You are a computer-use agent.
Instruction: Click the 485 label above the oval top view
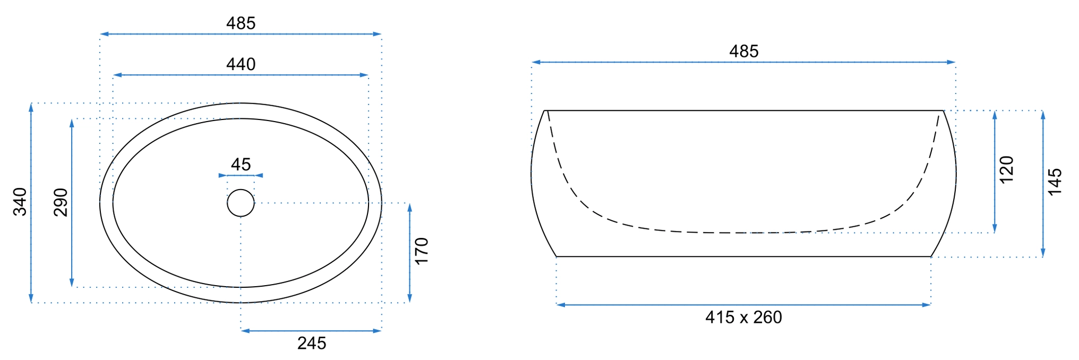tap(241, 23)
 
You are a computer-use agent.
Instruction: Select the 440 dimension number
tap(241, 64)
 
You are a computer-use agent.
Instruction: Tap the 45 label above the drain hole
tap(241, 165)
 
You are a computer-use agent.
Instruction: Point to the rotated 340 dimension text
tap(20, 202)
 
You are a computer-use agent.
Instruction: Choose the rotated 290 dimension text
tap(61, 202)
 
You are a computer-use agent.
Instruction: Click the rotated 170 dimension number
tap(421, 251)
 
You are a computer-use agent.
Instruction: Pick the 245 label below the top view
tap(312, 344)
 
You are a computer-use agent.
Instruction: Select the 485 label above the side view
tap(743, 52)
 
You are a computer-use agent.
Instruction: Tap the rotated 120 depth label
tap(1006, 170)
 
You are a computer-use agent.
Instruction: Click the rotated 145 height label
tap(1055, 182)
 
